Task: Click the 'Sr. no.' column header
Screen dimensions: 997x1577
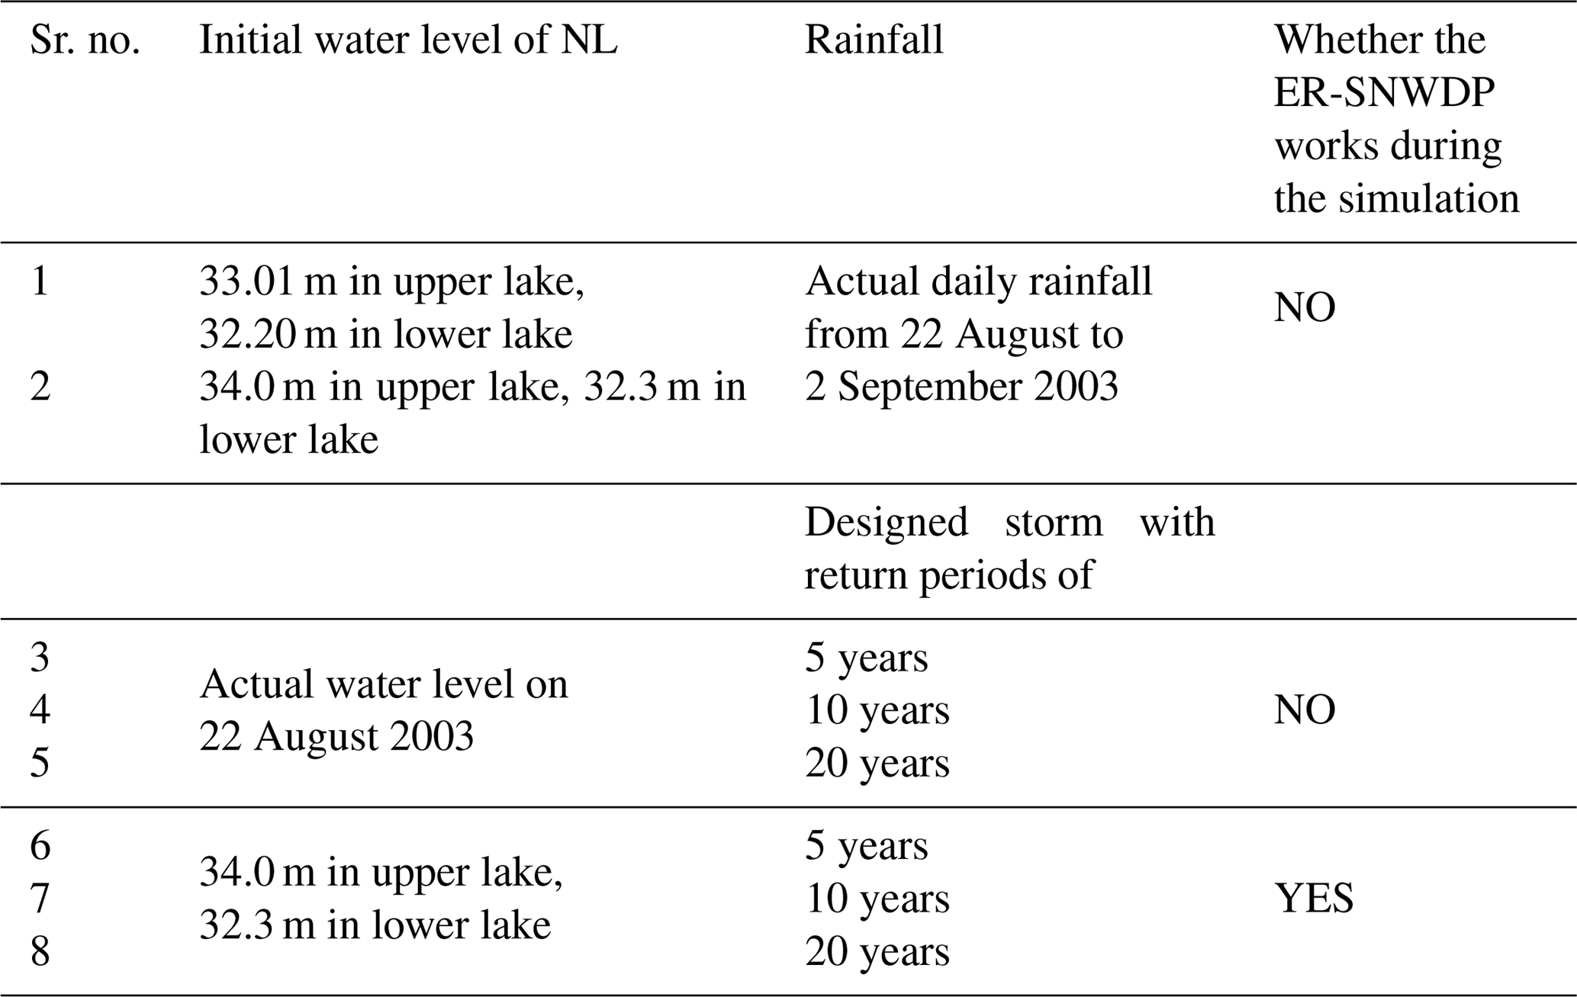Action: tap(85, 40)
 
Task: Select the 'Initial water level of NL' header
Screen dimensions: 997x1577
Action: tap(408, 40)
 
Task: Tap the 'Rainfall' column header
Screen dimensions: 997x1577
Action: tap(874, 40)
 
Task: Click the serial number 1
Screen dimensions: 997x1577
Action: tap(40, 282)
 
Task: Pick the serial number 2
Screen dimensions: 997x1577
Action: tap(40, 388)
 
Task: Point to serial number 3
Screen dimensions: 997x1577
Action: tap(40, 658)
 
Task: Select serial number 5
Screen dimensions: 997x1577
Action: tap(40, 763)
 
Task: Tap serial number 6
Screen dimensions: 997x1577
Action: tap(40, 846)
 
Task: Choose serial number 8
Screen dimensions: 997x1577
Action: tap(40, 952)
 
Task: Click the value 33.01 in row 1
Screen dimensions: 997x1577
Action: tap(246, 282)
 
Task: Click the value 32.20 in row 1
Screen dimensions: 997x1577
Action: tap(246, 335)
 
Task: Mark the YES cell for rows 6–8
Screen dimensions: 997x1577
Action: tap(1314, 899)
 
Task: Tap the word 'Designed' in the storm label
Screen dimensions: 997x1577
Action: tap(886, 523)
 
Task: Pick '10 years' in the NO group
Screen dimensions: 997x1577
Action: tap(877, 710)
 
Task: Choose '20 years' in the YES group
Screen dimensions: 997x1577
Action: tap(877, 952)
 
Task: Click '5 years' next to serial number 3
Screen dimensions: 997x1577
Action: tap(866, 658)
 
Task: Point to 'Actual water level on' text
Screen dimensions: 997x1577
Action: tap(384, 684)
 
